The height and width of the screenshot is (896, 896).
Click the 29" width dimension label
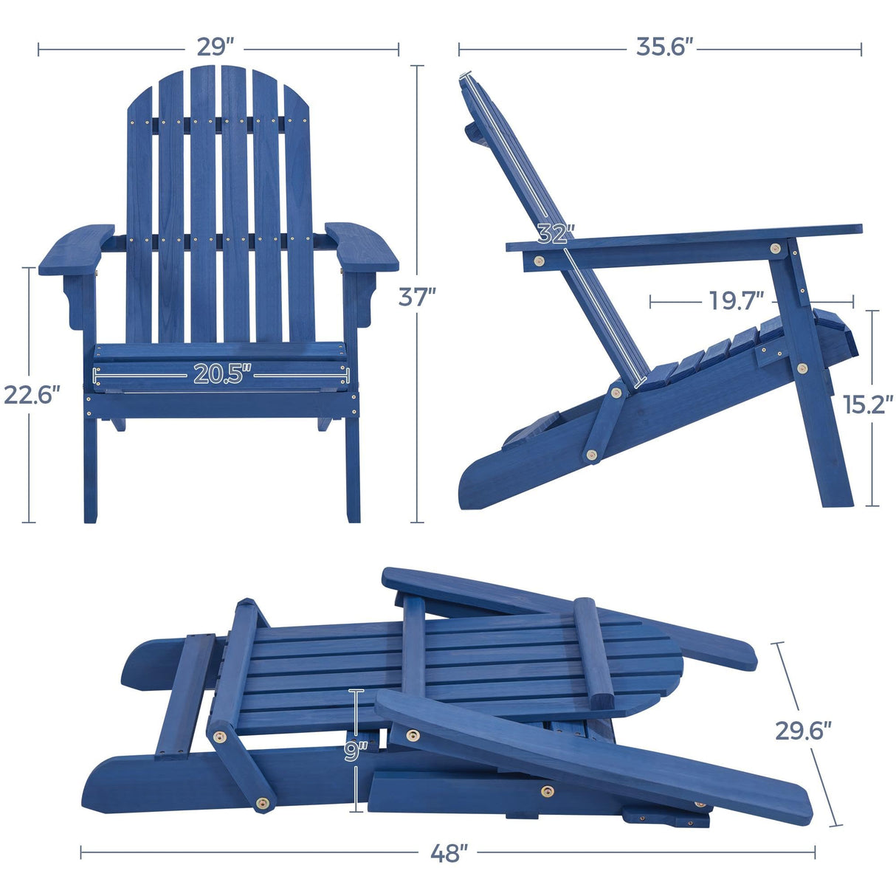tap(216, 47)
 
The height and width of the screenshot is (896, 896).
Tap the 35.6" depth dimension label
tap(665, 47)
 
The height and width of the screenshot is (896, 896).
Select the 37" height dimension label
tap(417, 296)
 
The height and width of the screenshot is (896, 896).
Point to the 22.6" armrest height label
tap(30, 395)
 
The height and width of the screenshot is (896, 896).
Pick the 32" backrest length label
tap(555, 234)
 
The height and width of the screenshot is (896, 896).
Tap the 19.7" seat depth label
tap(735, 300)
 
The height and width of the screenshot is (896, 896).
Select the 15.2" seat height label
tap(868, 404)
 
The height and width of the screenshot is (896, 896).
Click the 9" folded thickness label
tap(356, 751)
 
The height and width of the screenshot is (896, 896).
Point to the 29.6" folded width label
tap(802, 731)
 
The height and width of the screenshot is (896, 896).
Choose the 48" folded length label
tap(449, 852)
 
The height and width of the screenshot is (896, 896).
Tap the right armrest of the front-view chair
tap(362, 247)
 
